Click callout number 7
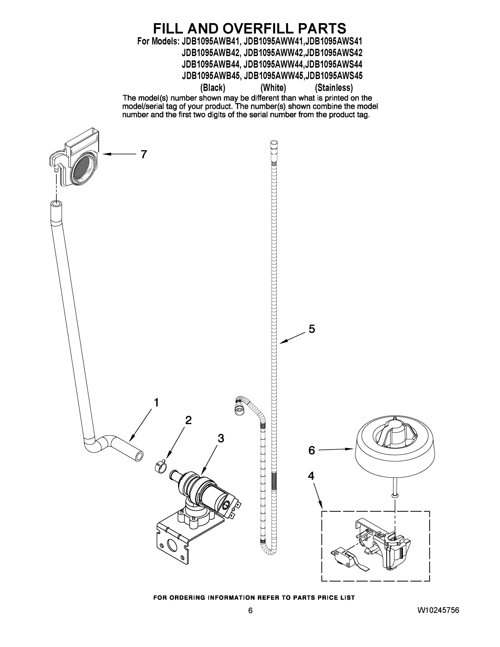click(144, 154)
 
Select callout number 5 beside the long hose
click(312, 329)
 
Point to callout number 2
click(188, 420)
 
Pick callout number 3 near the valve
click(221, 438)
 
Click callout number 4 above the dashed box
click(311, 476)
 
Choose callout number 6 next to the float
click(311, 450)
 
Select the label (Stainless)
click(334, 88)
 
